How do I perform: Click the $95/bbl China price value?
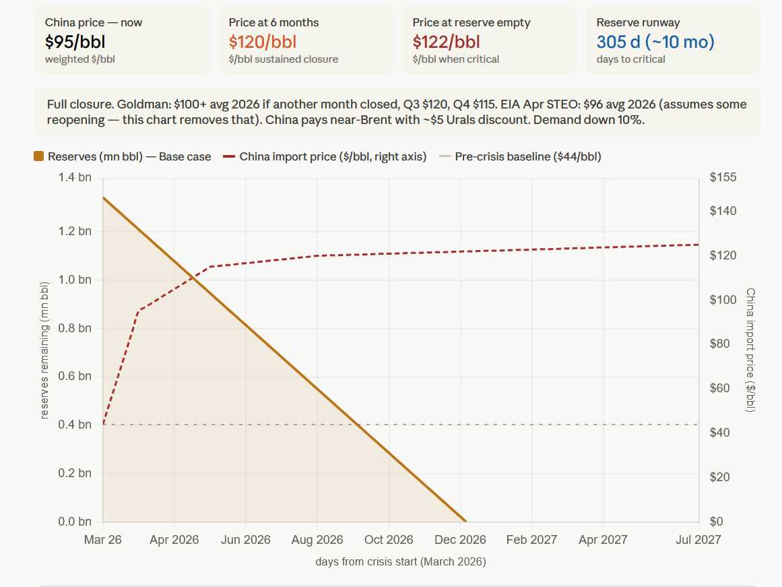[x=75, y=42]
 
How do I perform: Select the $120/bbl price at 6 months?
[x=262, y=42]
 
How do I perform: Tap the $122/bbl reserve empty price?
[x=446, y=42]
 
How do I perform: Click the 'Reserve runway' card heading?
[x=638, y=22]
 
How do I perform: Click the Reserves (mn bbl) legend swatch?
[x=38, y=157]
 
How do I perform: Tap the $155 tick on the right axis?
[x=723, y=178]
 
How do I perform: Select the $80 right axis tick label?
[x=723, y=344]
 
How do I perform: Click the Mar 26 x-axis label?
[x=102, y=540]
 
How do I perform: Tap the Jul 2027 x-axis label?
[x=698, y=540]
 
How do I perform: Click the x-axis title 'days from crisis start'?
[x=400, y=561]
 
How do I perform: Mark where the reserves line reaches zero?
[x=465, y=521]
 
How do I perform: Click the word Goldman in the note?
[x=138, y=104]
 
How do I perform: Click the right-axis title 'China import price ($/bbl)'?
[x=750, y=350]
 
